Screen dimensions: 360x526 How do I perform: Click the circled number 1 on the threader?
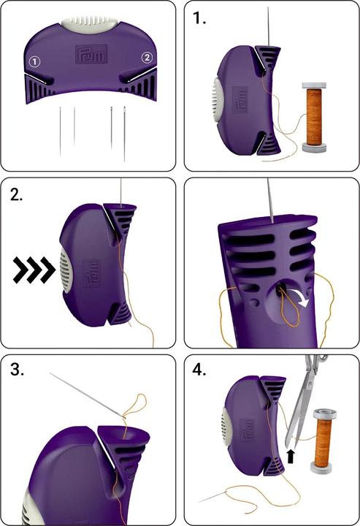pos(34,61)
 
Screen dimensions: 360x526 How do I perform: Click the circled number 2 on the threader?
pos(147,58)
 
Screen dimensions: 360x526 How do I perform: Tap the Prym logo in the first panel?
pos(91,53)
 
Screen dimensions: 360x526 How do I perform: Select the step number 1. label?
pos(199,18)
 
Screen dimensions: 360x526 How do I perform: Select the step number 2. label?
pos(16,194)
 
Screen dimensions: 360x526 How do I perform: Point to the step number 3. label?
pos(18,370)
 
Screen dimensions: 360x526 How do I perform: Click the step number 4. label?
pos(199,370)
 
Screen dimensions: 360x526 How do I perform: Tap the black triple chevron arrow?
pos(34,270)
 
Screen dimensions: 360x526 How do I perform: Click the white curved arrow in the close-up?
pos(302,298)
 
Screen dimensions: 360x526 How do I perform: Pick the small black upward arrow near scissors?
pos(291,457)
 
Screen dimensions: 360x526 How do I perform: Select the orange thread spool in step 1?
pos(314,117)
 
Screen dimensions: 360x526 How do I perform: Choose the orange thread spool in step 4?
pos(324,441)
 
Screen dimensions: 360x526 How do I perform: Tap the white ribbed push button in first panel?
pos(90,24)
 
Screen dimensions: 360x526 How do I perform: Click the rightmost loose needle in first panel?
pos(124,134)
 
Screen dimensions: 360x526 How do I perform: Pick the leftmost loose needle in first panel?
pos(61,131)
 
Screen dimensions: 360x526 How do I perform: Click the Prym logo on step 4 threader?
pos(247,430)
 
